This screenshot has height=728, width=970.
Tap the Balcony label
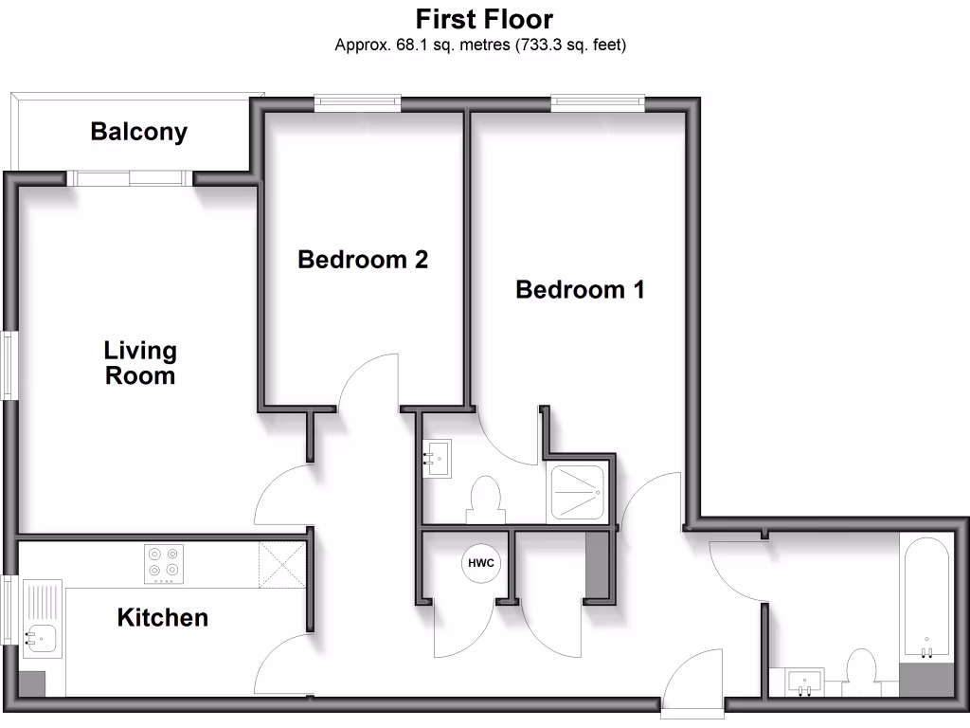138,132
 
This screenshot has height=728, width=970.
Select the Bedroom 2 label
363,259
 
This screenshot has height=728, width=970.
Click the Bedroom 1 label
580,289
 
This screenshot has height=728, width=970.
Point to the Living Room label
140,363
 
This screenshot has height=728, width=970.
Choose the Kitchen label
162,618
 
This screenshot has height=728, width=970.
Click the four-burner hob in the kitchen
163,563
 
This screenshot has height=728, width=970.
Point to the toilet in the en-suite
485,499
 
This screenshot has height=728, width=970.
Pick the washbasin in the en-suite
438,458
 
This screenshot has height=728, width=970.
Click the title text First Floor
484,19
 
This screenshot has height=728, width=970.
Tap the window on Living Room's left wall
9,364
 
